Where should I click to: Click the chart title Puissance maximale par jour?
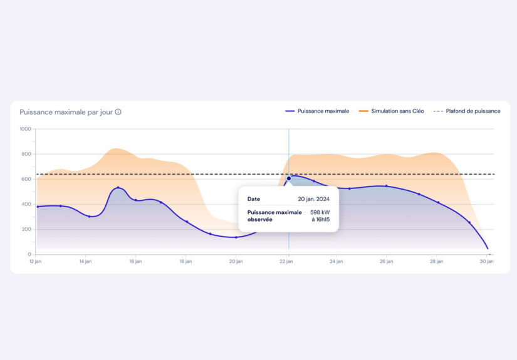[x=66, y=112]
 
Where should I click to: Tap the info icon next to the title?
[x=118, y=112]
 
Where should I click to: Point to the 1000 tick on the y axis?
[x=25, y=129]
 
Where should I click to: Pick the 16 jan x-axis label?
[x=135, y=262]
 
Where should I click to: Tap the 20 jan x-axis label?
[x=236, y=262]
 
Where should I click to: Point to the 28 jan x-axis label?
[x=437, y=262]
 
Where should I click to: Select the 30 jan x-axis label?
[x=487, y=262]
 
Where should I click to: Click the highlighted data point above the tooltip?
[x=289, y=178]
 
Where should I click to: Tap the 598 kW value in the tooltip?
[x=320, y=212]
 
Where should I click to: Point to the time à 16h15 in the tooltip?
[x=320, y=220]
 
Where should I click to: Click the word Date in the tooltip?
[x=254, y=199]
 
